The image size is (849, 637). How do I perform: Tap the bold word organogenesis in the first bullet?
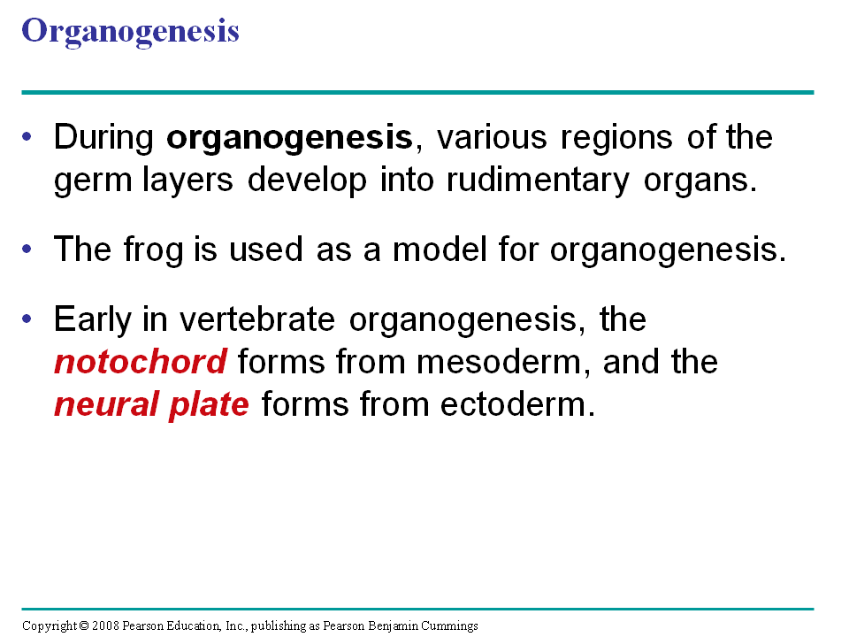(290, 139)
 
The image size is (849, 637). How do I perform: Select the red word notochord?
(141, 362)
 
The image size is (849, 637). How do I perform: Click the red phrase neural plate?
(151, 404)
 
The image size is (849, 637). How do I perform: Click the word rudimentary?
(539, 180)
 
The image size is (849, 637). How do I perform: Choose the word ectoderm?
(517, 404)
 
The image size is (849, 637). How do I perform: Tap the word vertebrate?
(257, 319)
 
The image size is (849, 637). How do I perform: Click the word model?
(440, 249)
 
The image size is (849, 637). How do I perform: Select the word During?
(103, 139)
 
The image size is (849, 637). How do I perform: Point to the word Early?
(93, 320)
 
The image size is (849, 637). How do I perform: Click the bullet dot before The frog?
(27, 249)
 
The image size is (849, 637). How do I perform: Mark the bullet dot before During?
(27, 136)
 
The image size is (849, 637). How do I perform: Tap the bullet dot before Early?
(27, 318)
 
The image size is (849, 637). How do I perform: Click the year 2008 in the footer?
(105, 626)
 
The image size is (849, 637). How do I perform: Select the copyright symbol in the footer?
(84, 626)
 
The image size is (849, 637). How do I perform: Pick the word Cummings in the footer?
(449, 626)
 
